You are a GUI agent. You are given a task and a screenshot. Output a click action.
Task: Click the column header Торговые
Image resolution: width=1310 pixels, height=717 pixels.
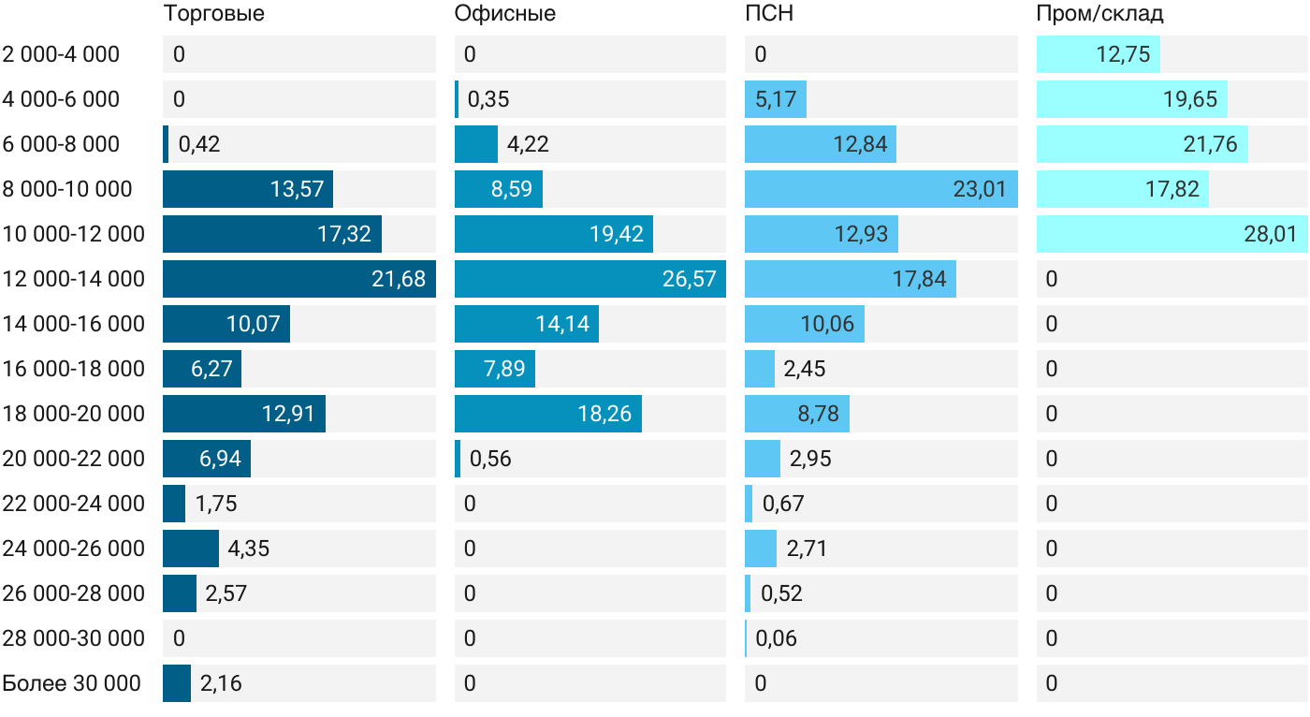click(213, 13)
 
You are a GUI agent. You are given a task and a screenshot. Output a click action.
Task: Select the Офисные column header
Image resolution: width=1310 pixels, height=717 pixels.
click(504, 13)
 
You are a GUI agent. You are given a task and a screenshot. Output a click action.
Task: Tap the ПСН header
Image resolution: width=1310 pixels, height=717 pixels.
click(769, 13)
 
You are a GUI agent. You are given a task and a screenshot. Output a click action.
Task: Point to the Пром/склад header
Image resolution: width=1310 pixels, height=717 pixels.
click(1099, 13)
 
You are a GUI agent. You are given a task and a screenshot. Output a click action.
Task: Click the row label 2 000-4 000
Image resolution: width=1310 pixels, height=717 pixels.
click(61, 54)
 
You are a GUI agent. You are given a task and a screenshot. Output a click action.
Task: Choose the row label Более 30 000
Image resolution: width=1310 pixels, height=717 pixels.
click(71, 683)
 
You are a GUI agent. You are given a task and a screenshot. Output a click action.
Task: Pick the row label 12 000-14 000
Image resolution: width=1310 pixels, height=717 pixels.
click(73, 279)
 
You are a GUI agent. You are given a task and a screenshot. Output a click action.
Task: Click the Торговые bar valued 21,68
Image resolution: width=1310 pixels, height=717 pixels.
click(299, 279)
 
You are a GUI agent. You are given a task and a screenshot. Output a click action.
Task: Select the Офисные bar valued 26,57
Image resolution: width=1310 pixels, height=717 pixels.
click(590, 279)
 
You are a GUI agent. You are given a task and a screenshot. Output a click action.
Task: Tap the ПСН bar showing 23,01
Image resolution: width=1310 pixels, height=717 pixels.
click(881, 189)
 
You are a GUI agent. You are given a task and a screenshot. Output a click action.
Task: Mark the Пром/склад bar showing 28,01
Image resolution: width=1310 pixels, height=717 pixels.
click(1172, 234)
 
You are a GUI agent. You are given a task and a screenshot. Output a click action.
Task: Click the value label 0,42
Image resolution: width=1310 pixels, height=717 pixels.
click(198, 144)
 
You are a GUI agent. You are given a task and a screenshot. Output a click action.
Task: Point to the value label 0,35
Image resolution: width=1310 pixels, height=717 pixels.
click(488, 99)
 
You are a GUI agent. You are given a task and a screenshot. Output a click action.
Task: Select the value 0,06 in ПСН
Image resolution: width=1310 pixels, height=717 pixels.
click(776, 638)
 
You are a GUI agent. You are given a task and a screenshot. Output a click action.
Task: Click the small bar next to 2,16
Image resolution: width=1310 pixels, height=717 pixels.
click(177, 683)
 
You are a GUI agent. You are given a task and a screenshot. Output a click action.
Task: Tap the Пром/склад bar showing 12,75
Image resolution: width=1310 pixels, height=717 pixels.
click(1099, 54)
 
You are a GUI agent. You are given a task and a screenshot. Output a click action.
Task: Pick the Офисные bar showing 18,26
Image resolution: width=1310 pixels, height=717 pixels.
click(548, 414)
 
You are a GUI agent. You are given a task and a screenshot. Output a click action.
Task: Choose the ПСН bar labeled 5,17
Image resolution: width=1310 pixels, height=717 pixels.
click(776, 99)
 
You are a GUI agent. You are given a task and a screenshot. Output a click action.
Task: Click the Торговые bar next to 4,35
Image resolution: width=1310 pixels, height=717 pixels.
click(191, 549)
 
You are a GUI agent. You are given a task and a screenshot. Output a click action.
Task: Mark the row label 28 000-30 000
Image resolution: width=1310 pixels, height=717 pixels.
click(73, 638)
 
